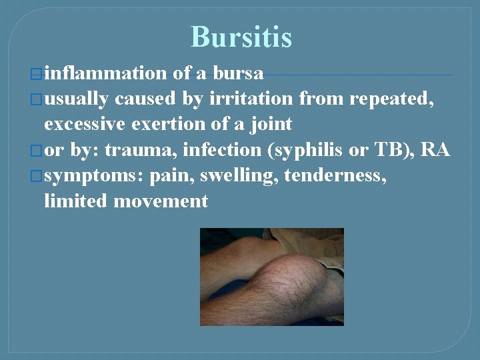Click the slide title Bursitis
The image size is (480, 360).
241,37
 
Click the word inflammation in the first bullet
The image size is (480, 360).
105,73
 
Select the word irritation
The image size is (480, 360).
251,99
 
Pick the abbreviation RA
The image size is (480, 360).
436,150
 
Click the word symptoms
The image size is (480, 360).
93,176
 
